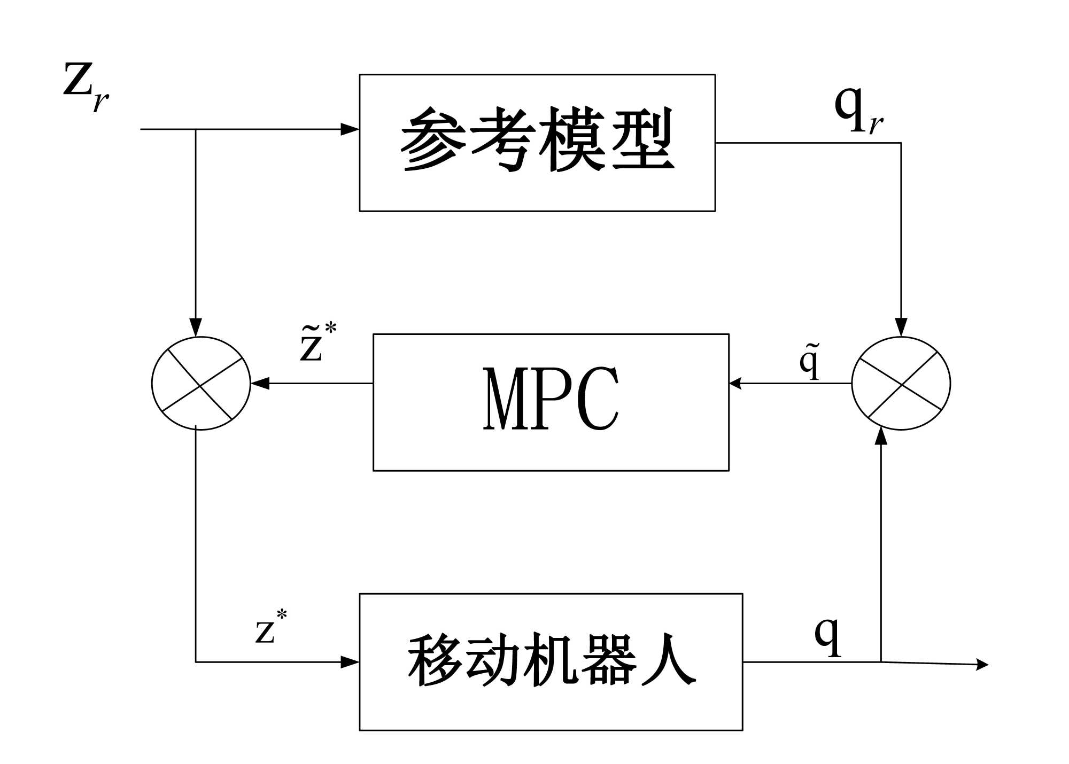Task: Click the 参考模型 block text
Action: (x=537, y=140)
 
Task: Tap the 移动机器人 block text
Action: (x=551, y=661)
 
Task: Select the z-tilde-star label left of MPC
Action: (x=317, y=343)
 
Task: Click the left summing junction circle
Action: (x=201, y=383)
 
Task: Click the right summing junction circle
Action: (x=901, y=383)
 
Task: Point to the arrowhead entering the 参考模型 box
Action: (x=350, y=129)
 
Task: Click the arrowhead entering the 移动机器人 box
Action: (x=350, y=662)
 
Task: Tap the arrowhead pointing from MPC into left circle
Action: (x=260, y=383)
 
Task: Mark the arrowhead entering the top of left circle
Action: (x=196, y=327)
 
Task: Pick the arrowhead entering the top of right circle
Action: (x=901, y=327)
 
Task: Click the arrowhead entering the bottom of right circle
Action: (x=881, y=436)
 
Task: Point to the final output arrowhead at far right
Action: (x=982, y=665)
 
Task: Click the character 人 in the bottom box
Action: (x=669, y=661)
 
